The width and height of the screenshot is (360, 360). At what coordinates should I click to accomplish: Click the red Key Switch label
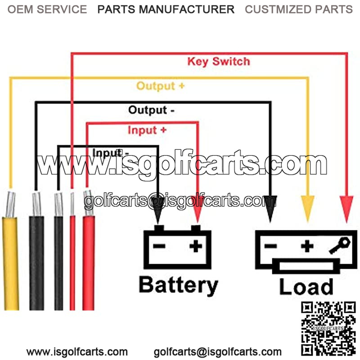pyautogui.click(x=218, y=61)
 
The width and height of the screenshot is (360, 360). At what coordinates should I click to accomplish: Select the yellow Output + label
pyautogui.click(x=160, y=85)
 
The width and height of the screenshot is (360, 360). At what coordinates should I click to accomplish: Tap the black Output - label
pyautogui.click(x=151, y=110)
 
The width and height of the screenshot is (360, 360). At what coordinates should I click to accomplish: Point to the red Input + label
pyautogui.click(x=147, y=130)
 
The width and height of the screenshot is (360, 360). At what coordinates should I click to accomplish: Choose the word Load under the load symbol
pyautogui.click(x=306, y=287)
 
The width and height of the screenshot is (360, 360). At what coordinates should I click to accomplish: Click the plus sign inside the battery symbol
pyautogui.click(x=196, y=246)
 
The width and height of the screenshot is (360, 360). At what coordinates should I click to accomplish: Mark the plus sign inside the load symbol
pyautogui.click(x=307, y=246)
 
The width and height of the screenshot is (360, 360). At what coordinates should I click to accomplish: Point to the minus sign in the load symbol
pyautogui.click(x=270, y=246)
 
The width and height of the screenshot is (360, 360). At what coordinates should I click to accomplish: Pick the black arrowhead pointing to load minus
pyautogui.click(x=270, y=210)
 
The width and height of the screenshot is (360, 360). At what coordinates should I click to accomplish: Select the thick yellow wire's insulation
pyautogui.click(x=11, y=261)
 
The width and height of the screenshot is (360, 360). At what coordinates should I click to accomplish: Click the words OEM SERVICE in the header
pyautogui.click(x=47, y=9)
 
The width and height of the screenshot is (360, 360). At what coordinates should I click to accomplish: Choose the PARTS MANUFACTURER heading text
pyautogui.click(x=166, y=9)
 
